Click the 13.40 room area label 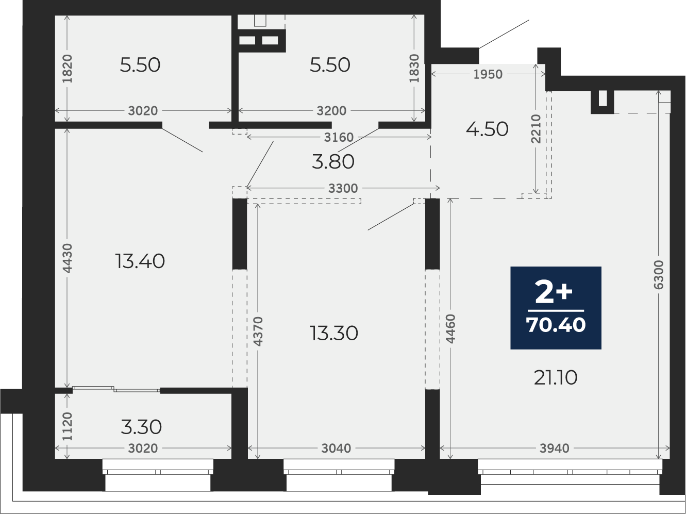coord(140,261)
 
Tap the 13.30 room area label coord(334,333)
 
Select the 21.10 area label coord(556,378)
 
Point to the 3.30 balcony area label coord(141,427)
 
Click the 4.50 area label coord(487,129)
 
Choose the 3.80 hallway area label coord(333,162)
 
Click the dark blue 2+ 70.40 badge coord(556,308)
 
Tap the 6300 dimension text coord(658,275)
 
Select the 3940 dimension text coord(555,449)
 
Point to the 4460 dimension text coord(450,329)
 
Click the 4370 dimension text coord(258,331)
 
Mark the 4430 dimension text coord(68,258)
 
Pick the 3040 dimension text coord(336,449)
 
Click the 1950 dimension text coord(488,74)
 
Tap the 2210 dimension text coord(536,129)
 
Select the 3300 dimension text coord(343,188)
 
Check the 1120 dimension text coord(68,426)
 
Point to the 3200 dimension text coord(331,111)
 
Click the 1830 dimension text coord(414,69)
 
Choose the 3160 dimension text coord(339,138)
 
